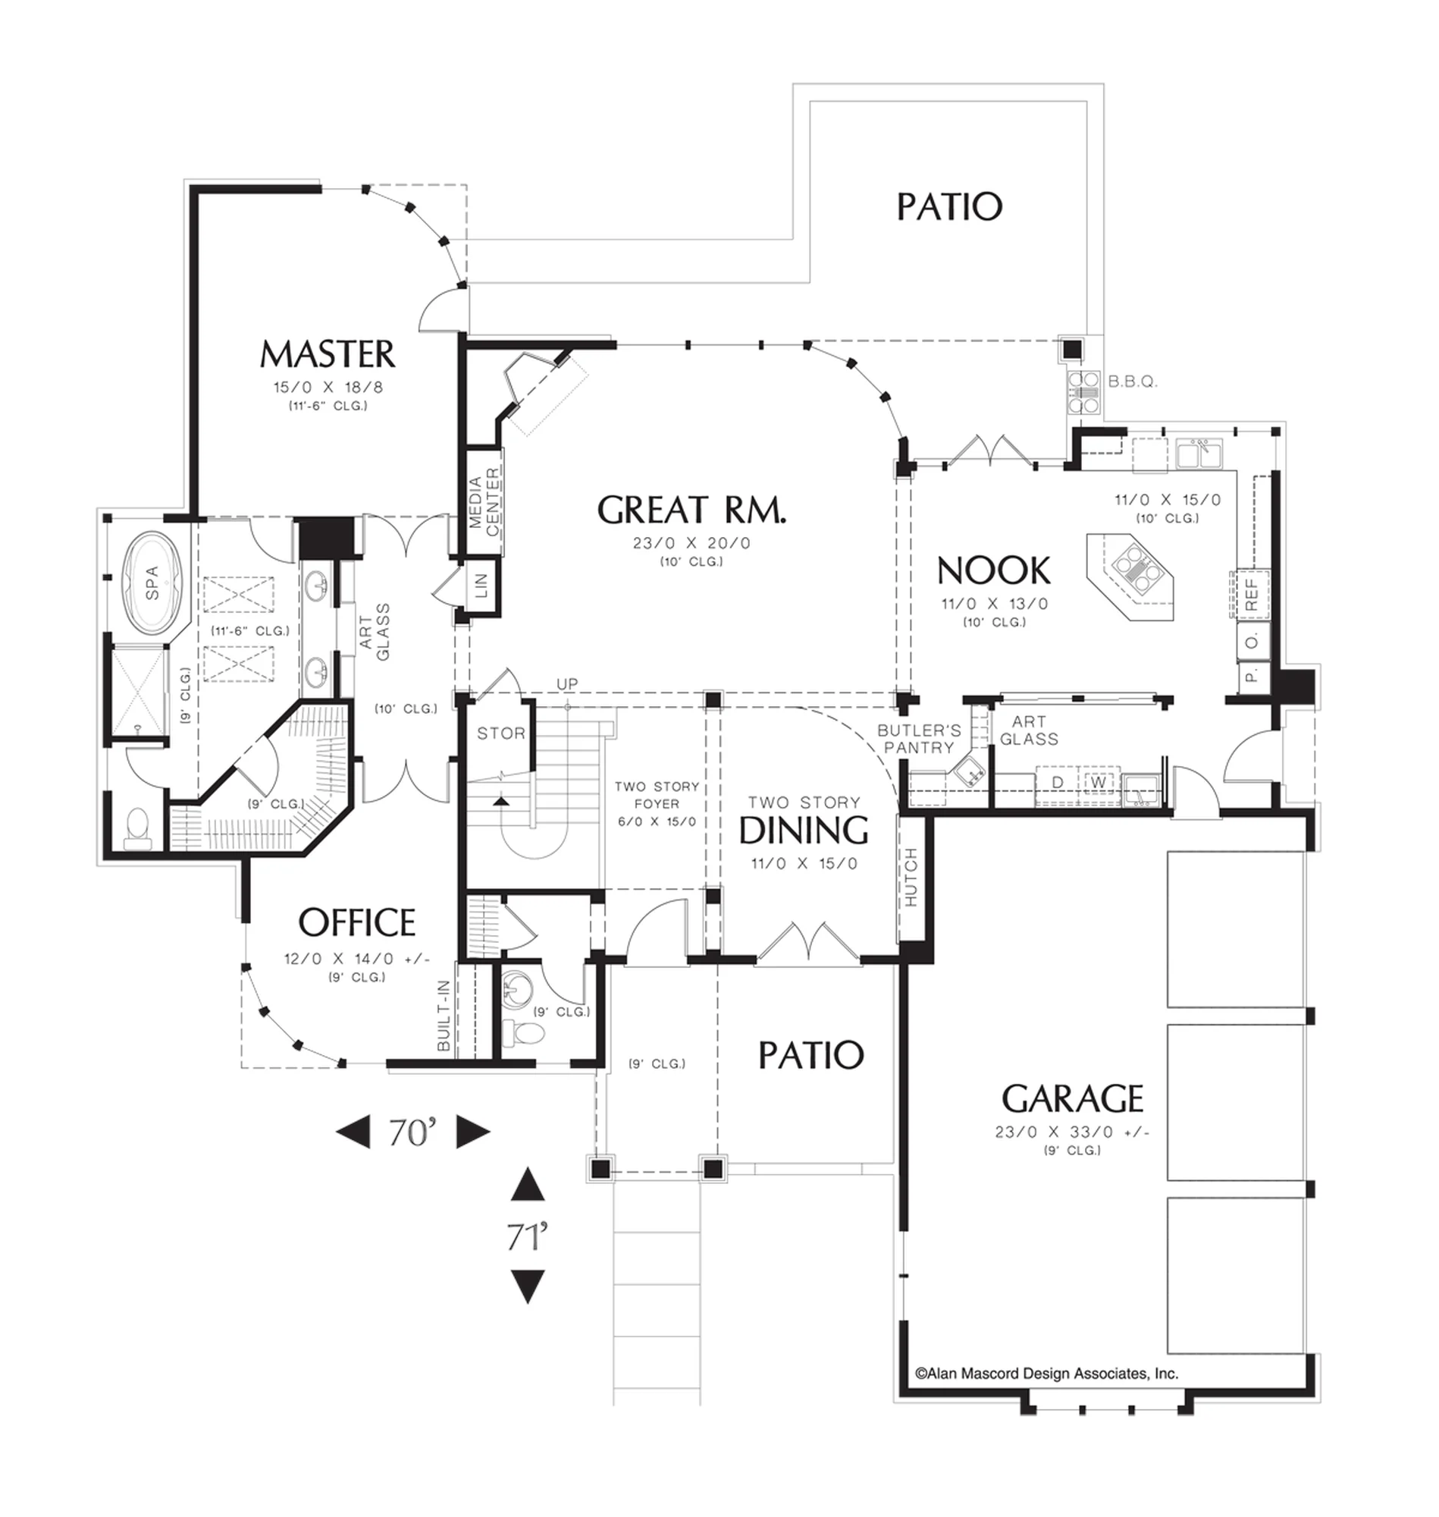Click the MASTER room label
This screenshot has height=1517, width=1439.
[328, 354]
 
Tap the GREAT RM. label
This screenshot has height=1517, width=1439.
[691, 510]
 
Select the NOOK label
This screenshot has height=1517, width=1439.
[993, 571]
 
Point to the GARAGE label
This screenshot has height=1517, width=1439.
[1072, 1099]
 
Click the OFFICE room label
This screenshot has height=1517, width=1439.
[356, 922]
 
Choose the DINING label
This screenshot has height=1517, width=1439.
[803, 831]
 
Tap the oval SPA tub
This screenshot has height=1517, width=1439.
[152, 583]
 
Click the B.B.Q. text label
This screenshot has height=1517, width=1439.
[1132, 382]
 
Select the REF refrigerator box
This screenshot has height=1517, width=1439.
[1251, 595]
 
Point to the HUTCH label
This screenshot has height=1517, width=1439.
[911, 878]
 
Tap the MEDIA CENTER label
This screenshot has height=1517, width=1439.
[484, 501]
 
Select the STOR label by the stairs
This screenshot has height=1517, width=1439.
[501, 733]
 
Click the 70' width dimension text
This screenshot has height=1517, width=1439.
[412, 1132]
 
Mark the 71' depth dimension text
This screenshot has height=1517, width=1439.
[527, 1237]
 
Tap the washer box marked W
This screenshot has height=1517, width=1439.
[1099, 782]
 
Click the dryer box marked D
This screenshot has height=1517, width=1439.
[1057, 782]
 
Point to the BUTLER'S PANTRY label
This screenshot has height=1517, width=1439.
[919, 739]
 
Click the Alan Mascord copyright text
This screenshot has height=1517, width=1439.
[1046, 1374]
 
